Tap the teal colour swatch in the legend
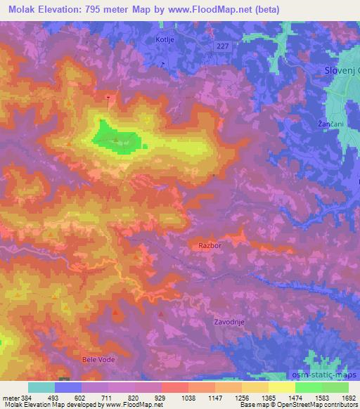(x=41, y=387)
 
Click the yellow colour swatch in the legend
(x=282, y=387)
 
